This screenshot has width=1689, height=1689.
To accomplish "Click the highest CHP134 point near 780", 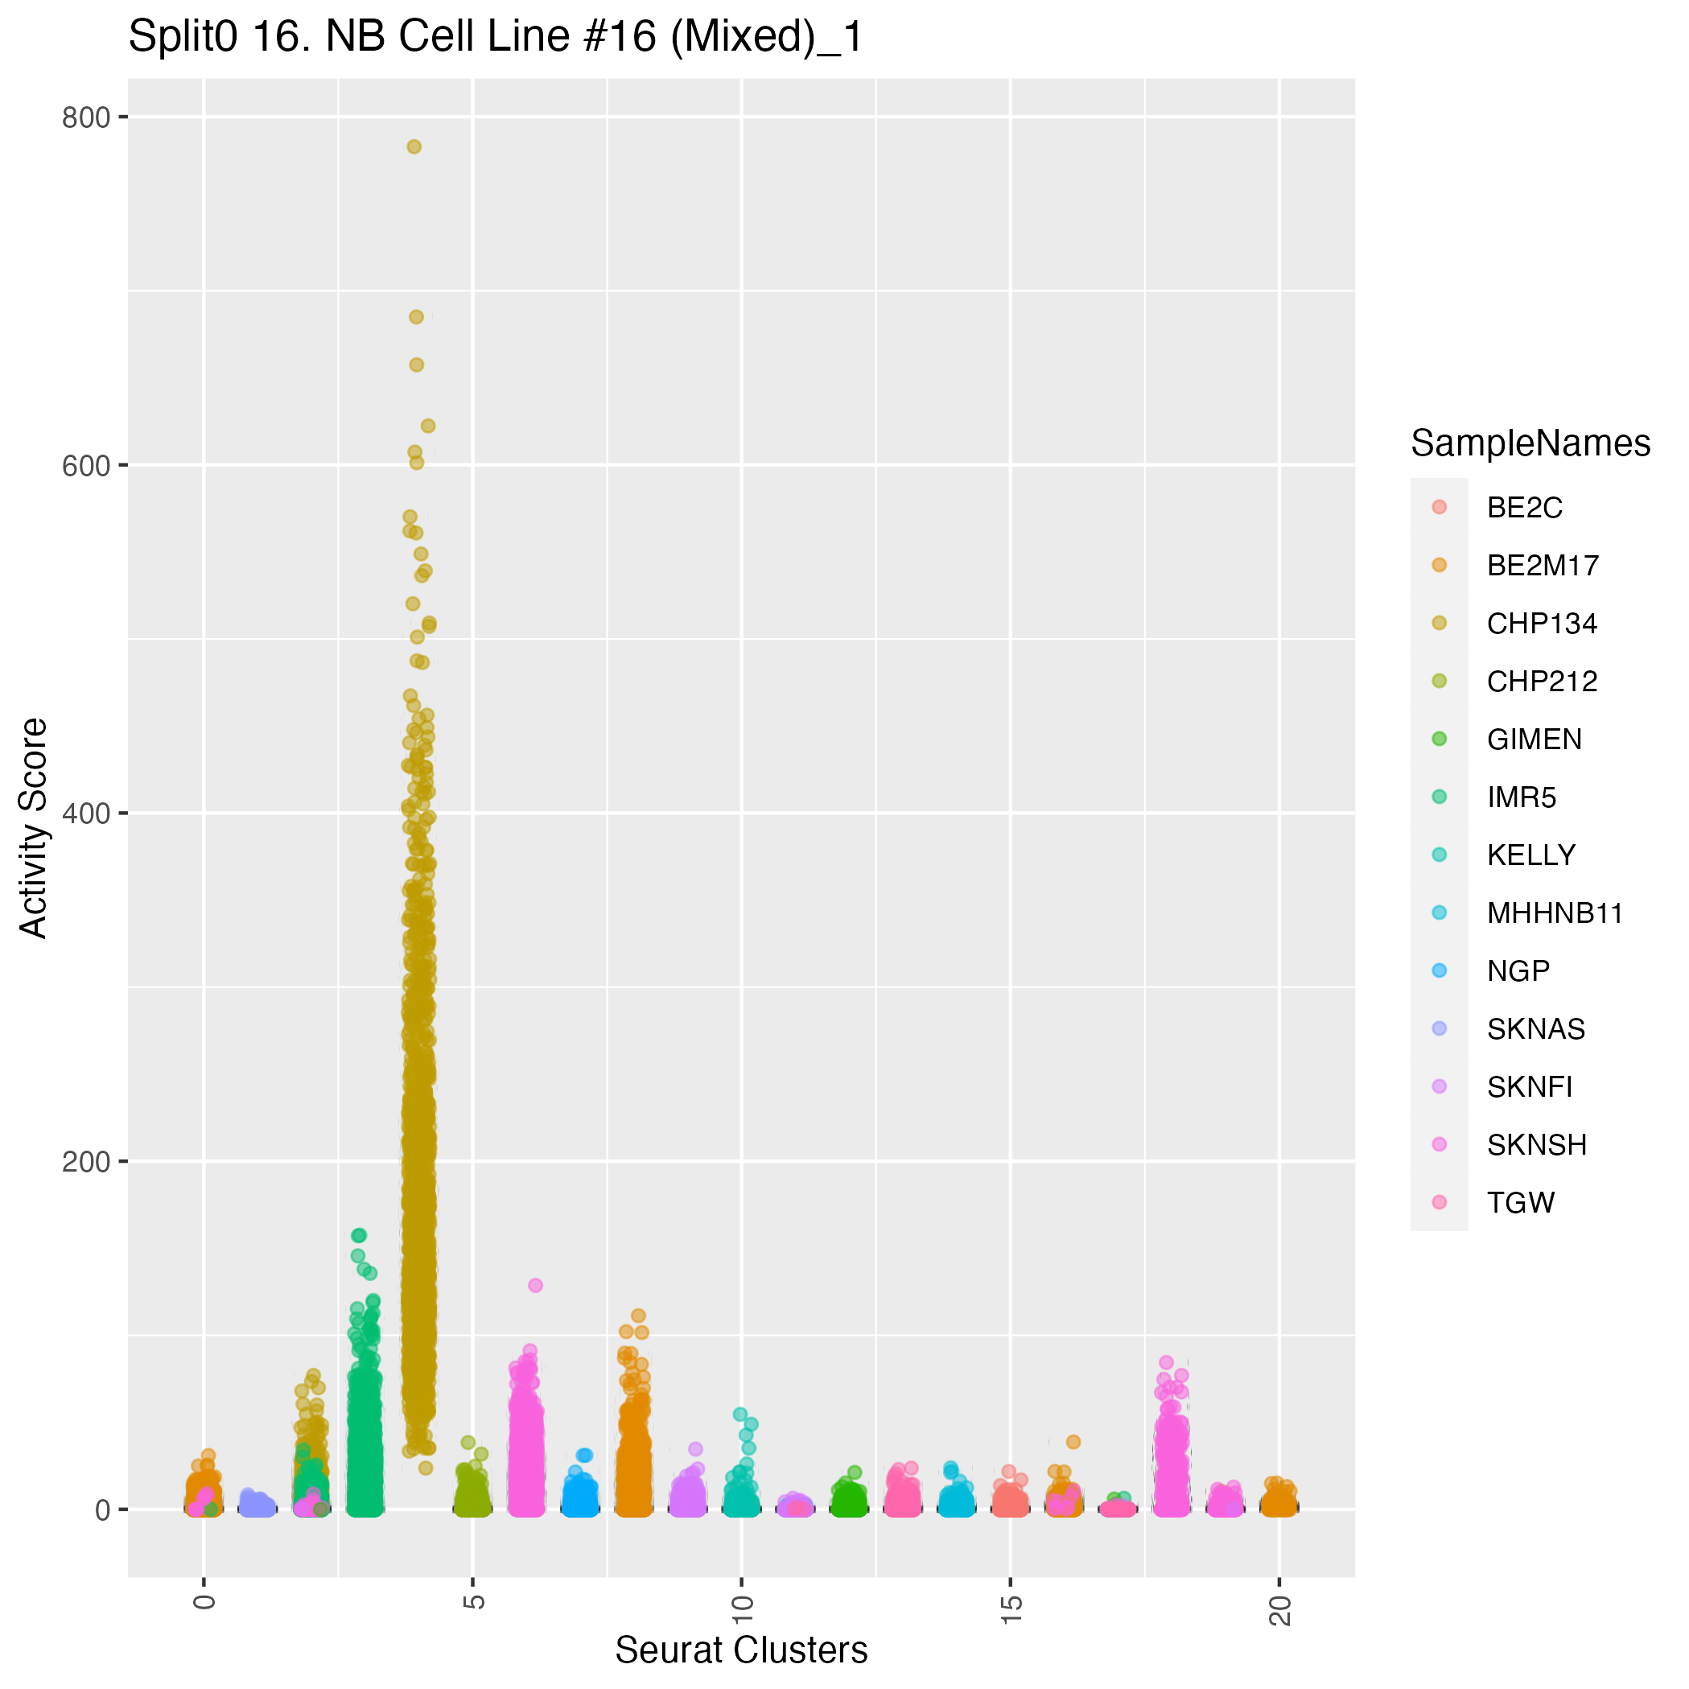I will pyautogui.click(x=414, y=147).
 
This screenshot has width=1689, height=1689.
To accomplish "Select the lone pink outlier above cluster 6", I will pyautogui.click(x=536, y=1285).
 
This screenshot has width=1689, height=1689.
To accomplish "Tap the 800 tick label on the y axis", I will pyautogui.click(x=85, y=117).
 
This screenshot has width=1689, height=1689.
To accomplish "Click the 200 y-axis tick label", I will pyautogui.click(x=85, y=1162).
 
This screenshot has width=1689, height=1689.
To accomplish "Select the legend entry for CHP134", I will pyautogui.click(x=1541, y=624).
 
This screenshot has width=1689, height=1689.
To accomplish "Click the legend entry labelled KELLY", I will pyautogui.click(x=1530, y=855).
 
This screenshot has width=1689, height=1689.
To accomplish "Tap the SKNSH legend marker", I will pyautogui.click(x=1439, y=1144).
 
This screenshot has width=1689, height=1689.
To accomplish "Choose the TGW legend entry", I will pyautogui.click(x=1520, y=1203).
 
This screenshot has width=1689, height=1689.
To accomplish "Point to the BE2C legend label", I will pyautogui.click(x=1524, y=508).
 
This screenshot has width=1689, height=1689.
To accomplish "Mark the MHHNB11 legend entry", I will pyautogui.click(x=1555, y=913).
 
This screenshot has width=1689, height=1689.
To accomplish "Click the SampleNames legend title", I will pyautogui.click(x=1530, y=444).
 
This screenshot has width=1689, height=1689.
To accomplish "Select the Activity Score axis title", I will pyautogui.click(x=33, y=828).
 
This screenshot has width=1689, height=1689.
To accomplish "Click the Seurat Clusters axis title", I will pyautogui.click(x=741, y=1650).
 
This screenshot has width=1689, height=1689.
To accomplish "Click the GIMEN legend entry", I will pyautogui.click(x=1535, y=739).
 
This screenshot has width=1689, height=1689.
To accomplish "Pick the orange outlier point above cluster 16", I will pyautogui.click(x=1073, y=1442).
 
